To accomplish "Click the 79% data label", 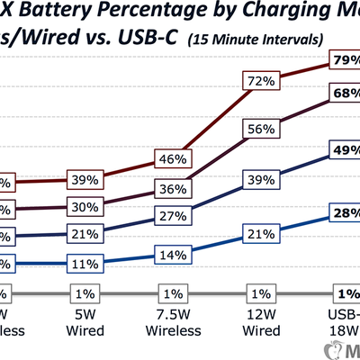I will [346, 61].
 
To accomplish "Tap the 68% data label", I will [346, 93].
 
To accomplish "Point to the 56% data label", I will [261, 130].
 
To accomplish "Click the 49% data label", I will [346, 150].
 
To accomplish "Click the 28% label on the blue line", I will [346, 214].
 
